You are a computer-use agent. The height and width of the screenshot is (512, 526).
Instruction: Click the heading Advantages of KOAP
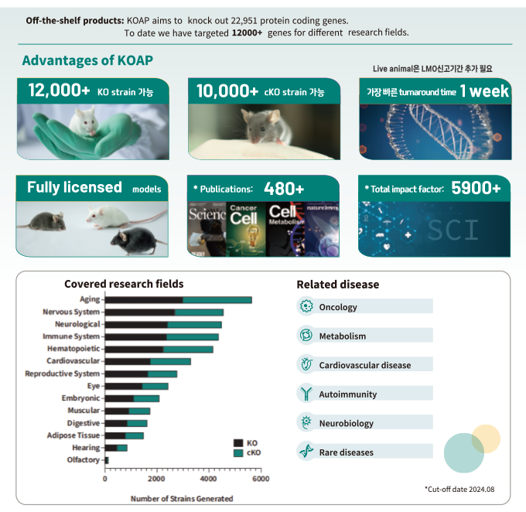87,60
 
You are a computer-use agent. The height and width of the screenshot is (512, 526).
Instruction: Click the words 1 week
484,91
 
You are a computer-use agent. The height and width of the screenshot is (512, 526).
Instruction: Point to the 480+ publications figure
284,188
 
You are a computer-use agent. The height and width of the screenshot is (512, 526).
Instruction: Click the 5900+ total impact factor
476,188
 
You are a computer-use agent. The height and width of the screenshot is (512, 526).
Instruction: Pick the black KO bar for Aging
144,299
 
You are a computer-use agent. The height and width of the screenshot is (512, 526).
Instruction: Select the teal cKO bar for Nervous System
199,312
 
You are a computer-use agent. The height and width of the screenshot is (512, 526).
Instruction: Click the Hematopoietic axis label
73,349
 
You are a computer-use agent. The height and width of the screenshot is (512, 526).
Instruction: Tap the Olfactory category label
84,460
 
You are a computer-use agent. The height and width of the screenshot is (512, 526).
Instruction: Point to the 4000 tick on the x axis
209,480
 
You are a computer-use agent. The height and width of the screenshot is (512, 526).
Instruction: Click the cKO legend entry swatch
238,452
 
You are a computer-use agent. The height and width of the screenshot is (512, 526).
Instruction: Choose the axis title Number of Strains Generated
182,499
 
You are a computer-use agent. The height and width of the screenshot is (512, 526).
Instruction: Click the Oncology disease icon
306,307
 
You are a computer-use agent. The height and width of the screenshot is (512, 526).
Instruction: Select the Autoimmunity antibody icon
306,394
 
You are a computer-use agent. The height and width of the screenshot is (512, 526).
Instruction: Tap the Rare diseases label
346,452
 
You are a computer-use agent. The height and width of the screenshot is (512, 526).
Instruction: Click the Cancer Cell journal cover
244,228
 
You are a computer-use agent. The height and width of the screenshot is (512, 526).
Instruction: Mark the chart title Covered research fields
124,284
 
